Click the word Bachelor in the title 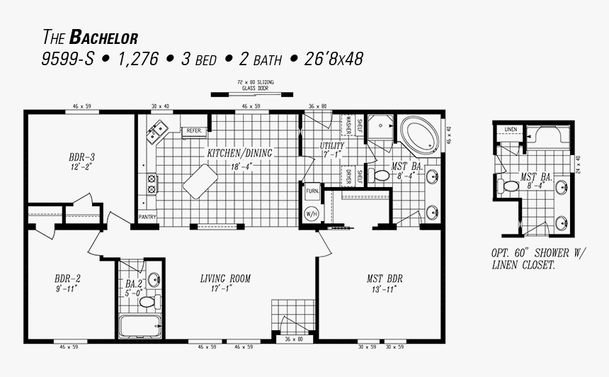click(x=103, y=37)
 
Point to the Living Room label click(x=225, y=278)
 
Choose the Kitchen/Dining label click(x=239, y=153)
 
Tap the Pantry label click(x=147, y=217)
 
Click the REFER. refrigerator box click(x=193, y=131)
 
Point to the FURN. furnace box click(x=312, y=191)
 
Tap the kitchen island click(x=200, y=180)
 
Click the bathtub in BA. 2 click(x=140, y=326)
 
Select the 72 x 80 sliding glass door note click(x=256, y=86)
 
